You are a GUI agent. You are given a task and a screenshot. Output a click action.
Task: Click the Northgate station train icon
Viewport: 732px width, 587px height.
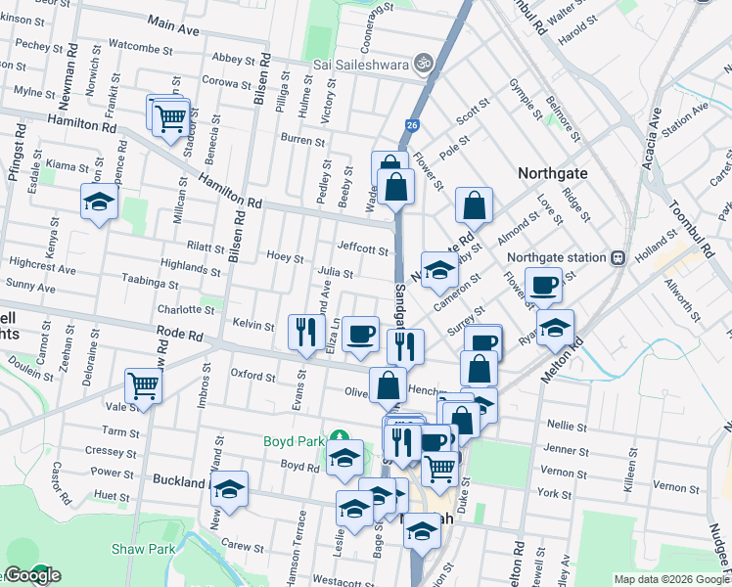click(618, 258)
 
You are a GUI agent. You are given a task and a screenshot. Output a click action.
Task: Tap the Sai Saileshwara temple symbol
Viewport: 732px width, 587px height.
click(424, 62)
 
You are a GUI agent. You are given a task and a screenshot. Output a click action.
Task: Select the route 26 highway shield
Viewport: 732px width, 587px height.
click(413, 125)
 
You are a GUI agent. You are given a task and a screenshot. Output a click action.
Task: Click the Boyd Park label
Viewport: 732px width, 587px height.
click(293, 441)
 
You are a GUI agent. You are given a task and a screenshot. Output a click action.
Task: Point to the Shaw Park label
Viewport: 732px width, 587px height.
click(143, 549)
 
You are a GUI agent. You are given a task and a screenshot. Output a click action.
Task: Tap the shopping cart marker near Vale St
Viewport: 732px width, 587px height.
click(144, 387)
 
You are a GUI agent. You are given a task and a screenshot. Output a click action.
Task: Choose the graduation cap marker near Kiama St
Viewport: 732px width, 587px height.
click(100, 202)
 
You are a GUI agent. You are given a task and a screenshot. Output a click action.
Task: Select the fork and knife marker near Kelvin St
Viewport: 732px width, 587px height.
click(307, 332)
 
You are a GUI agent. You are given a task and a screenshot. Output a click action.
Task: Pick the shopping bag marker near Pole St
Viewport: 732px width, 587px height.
click(474, 205)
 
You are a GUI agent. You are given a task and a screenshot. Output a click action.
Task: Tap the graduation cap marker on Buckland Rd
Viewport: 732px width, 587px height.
click(230, 489)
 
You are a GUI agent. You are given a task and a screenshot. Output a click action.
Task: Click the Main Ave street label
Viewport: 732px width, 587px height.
click(174, 26)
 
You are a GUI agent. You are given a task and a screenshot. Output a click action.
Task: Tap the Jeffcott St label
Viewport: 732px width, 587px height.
click(363, 248)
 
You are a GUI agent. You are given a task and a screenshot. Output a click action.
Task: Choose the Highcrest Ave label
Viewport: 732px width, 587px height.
click(41, 268)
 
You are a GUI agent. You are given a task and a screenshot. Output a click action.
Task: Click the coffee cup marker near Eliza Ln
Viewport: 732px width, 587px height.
click(360, 332)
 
